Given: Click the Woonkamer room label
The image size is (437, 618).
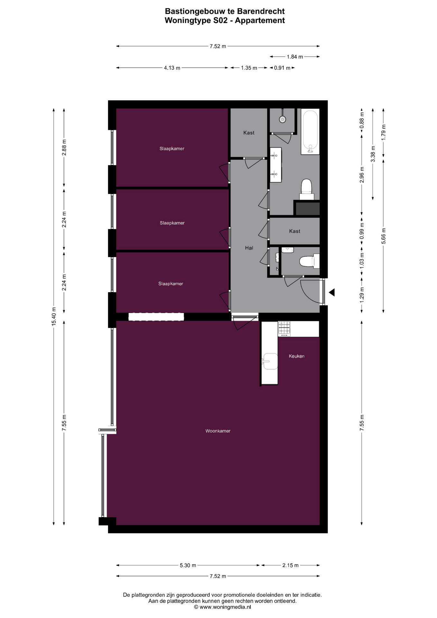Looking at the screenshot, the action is pos(218,431).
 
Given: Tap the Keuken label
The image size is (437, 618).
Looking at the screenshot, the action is pos(296,356).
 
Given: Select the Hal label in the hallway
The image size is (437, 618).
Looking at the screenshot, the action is pos(249,248).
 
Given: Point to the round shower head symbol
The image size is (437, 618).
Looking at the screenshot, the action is pos(283,119).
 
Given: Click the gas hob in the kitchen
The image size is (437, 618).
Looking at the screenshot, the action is pos(284,329).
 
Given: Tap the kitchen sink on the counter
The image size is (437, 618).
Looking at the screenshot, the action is pos(270,361).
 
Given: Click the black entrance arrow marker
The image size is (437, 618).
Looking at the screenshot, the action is pos(331,293).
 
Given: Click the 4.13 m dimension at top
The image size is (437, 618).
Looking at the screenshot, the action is pos(172,68).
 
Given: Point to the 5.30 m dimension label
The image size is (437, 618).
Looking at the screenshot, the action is pos(188,565).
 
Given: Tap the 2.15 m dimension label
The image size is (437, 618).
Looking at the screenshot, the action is pos(290,565).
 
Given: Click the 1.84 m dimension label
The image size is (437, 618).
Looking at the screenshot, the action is pos(295,57).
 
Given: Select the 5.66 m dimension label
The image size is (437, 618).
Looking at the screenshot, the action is pos(383,236).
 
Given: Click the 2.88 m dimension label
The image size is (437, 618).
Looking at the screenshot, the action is pos(64,147).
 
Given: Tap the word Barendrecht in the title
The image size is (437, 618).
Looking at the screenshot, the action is pos(261,11).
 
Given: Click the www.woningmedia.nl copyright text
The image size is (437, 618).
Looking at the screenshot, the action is pos(222,607).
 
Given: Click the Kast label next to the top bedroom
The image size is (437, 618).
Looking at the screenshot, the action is pos(249,133).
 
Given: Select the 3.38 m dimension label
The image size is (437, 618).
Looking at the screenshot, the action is pos(373,154).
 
